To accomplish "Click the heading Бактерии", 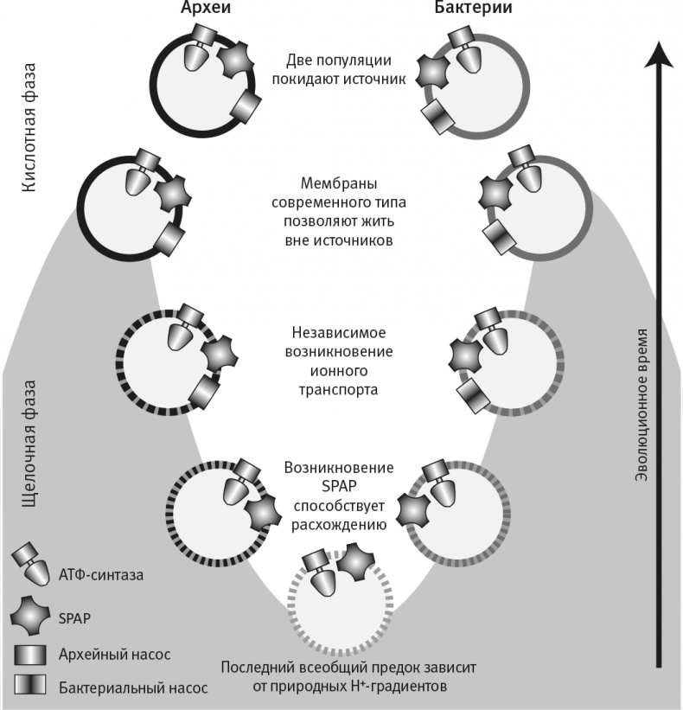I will pyautogui.click(x=474, y=10).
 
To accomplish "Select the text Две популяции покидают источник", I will pyautogui.click(x=341, y=69).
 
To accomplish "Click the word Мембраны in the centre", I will pyautogui.click(x=341, y=183).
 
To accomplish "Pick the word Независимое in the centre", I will pyautogui.click(x=341, y=332).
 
